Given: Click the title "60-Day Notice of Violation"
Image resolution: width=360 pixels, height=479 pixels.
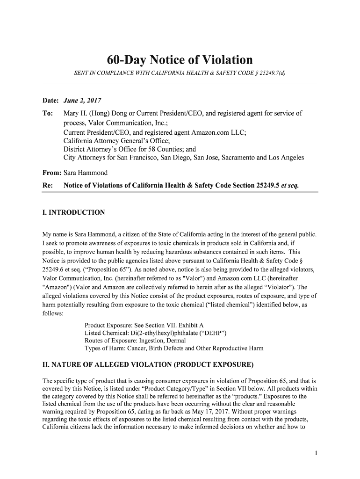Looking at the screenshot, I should click(x=180, y=60).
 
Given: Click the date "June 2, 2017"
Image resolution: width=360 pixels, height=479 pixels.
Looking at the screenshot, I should click(x=82, y=101).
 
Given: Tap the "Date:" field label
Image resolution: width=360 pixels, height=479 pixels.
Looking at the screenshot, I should click(x=50, y=101).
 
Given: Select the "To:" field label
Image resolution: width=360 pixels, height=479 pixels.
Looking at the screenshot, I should click(x=48, y=113).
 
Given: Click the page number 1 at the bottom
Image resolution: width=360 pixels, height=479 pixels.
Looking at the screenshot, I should click(x=316, y=452).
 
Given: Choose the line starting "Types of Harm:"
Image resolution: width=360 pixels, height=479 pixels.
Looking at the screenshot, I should click(x=174, y=348).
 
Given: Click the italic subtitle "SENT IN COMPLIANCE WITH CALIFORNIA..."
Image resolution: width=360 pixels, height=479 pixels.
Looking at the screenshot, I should click(x=180, y=74).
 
